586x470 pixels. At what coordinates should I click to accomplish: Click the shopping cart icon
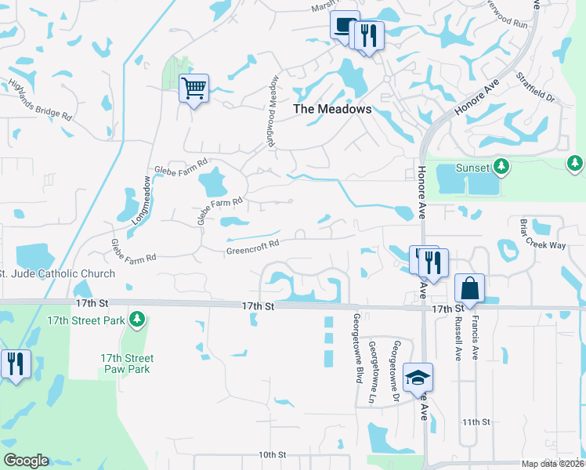pyautogui.click(x=194, y=88)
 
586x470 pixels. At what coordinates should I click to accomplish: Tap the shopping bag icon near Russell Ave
pyautogui.click(x=469, y=287)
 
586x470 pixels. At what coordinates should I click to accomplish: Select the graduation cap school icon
pyautogui.click(x=418, y=378)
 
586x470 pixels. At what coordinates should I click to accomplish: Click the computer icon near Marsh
pyautogui.click(x=343, y=25)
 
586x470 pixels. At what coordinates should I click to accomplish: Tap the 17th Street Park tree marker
pyautogui.click(x=138, y=318)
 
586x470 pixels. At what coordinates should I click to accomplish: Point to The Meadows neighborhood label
pyautogui.click(x=332, y=110)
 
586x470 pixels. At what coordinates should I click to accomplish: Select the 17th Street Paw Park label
pyautogui.click(x=127, y=363)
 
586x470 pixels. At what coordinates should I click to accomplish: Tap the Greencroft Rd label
pyautogui.click(x=253, y=248)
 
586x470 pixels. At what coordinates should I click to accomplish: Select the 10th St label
pyautogui.click(x=273, y=454)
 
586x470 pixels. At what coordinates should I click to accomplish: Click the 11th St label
pyautogui.click(x=476, y=421)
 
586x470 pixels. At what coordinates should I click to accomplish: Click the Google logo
pyautogui.click(x=25, y=461)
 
